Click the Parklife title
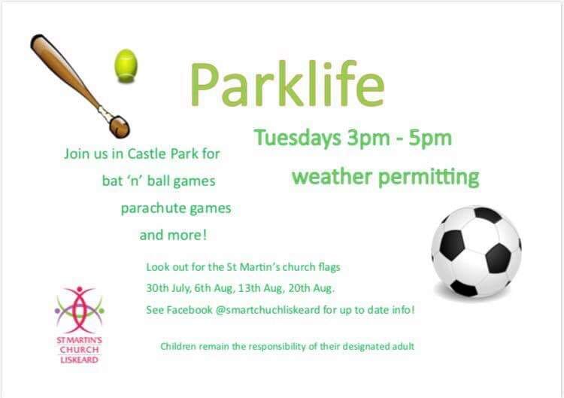coord(287,85)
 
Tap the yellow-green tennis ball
coord(126,65)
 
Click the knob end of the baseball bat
coord(120,126)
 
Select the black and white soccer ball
coord(476,251)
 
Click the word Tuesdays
coord(298,138)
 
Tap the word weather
coord(332,177)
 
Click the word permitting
coord(429,178)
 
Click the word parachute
coord(153,208)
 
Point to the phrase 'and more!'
coord(174,235)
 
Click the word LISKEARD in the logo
coord(79,360)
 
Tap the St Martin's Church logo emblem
coord(79,309)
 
